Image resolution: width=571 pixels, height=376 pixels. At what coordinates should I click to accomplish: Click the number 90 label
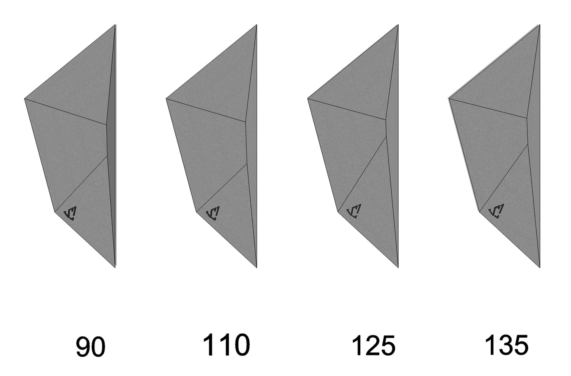pyautogui.click(x=90, y=347)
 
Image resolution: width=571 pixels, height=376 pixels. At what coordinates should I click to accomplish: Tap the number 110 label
pyautogui.click(x=226, y=345)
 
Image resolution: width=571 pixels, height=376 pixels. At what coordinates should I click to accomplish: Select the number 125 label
pyautogui.click(x=374, y=346)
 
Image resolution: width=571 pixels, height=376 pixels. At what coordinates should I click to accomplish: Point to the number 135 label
pyautogui.click(x=507, y=345)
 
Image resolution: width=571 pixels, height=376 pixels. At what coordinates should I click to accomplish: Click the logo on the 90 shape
pyautogui.click(x=70, y=213)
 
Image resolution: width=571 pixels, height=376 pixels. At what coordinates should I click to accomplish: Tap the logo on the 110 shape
pyautogui.click(x=213, y=213)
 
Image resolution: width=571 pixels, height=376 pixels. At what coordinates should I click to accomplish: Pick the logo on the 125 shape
pyautogui.click(x=354, y=211)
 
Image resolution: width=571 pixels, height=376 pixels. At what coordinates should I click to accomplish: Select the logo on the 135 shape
pyautogui.click(x=496, y=211)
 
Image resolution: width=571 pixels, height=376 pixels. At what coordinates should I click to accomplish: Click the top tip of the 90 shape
pyautogui.click(x=115, y=25)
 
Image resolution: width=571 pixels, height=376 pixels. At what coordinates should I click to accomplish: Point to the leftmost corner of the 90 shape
pyautogui.click(x=24, y=99)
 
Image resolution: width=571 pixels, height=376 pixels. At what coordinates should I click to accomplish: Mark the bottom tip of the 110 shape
pyautogui.click(x=257, y=268)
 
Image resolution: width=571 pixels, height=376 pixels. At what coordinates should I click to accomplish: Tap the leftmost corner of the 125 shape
pyautogui.click(x=308, y=99)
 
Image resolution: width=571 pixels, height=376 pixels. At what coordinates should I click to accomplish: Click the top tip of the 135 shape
pyautogui.click(x=540, y=25)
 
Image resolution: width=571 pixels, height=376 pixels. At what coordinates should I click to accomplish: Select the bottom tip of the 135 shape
pyautogui.click(x=540, y=268)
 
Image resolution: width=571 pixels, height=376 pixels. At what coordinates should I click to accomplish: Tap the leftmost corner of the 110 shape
pyautogui.click(x=166, y=99)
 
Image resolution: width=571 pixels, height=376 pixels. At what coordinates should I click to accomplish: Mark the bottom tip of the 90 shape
pyautogui.click(x=115, y=268)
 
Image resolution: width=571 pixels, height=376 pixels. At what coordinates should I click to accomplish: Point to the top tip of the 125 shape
pyautogui.click(x=398, y=25)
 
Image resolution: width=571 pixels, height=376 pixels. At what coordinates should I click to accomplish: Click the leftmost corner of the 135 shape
pyautogui.click(x=449, y=99)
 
